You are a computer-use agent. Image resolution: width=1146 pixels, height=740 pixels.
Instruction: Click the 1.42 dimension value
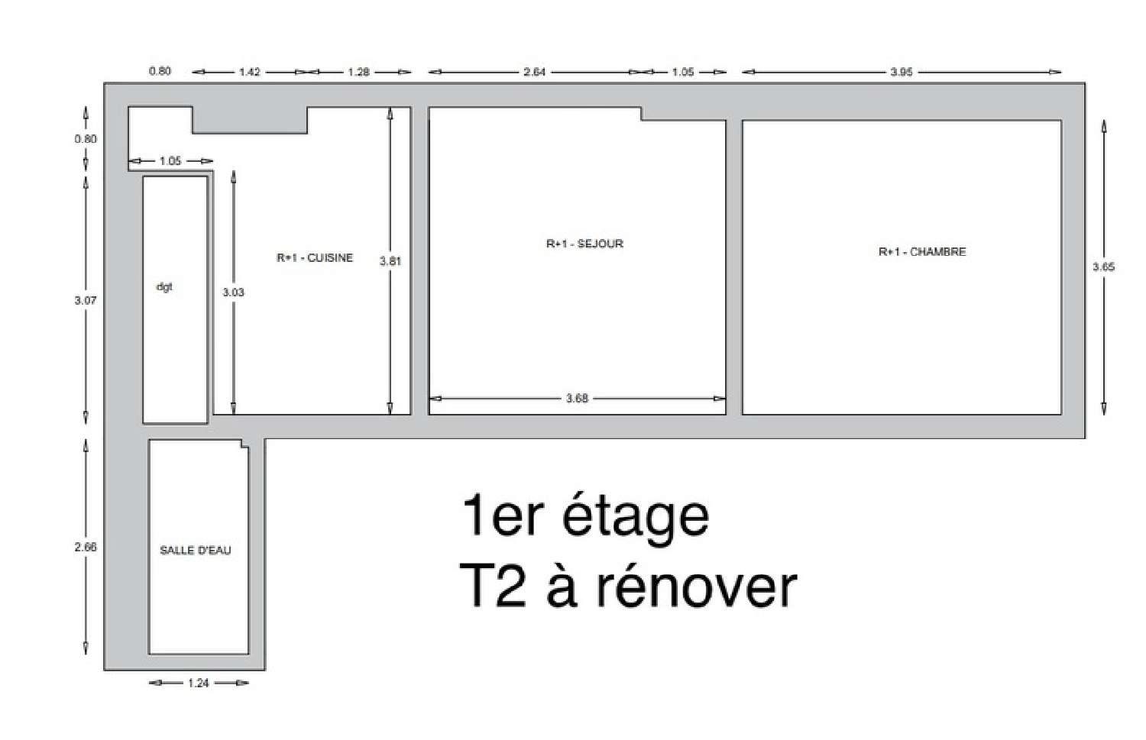tap(250, 72)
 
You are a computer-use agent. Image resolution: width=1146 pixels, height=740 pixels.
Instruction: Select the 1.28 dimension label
tap(358, 72)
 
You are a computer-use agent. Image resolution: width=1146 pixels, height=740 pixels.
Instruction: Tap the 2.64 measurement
tap(535, 72)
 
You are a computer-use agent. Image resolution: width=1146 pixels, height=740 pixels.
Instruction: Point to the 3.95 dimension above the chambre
tap(902, 72)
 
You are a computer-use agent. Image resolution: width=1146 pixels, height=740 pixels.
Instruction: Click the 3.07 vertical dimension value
tap(86, 301)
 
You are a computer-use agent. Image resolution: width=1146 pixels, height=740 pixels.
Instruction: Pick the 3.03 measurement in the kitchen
tap(233, 292)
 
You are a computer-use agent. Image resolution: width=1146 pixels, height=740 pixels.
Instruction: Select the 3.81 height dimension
tap(390, 261)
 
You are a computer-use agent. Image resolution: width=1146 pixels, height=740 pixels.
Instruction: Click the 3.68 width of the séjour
tap(577, 399)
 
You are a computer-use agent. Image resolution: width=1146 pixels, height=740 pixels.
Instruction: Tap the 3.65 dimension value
tap(1103, 267)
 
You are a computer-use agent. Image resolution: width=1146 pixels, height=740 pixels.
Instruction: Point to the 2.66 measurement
tap(86, 548)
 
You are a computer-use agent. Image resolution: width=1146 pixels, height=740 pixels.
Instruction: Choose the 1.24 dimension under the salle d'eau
tap(199, 683)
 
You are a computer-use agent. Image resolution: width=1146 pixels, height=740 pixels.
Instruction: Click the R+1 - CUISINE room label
tap(315, 258)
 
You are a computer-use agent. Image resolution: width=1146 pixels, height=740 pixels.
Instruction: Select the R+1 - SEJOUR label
tap(584, 244)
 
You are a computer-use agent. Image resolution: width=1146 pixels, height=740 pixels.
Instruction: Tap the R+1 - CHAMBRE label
tap(922, 251)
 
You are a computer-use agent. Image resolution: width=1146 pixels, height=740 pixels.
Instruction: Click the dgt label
tap(164, 287)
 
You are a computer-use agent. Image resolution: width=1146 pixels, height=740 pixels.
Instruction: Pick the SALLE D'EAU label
tap(196, 551)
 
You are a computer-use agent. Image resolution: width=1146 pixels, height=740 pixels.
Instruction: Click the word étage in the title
tap(636, 516)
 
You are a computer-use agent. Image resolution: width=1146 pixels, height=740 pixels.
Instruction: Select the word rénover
tap(697, 587)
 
